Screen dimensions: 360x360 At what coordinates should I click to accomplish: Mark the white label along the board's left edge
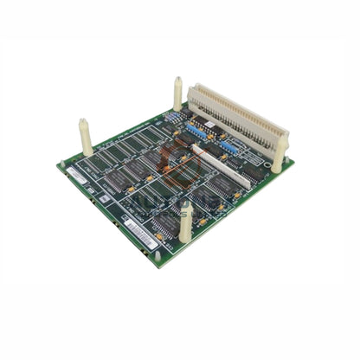tap(76, 177)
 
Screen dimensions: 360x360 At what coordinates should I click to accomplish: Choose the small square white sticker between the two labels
tap(105, 201)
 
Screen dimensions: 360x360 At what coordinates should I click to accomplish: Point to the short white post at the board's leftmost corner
tap(61, 164)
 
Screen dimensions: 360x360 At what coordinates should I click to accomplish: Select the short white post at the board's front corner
tap(157, 256)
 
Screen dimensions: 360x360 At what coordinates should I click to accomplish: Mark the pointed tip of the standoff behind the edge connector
tap(178, 80)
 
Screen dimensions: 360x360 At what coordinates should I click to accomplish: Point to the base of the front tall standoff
tap(184, 238)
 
